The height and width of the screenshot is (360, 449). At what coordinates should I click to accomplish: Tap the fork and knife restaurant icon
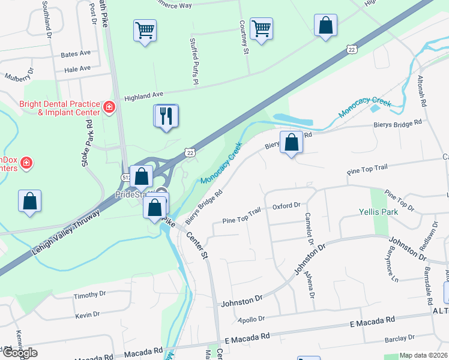coord(166,116)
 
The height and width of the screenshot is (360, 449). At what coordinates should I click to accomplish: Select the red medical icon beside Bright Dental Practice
coord(109,107)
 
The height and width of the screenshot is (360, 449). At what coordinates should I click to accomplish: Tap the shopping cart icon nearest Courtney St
coord(262,29)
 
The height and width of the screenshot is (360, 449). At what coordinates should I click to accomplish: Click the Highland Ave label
coord(143,95)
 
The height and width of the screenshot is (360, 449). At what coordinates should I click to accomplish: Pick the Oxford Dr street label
coord(286,206)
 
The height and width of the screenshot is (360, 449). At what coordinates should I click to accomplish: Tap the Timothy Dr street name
coord(89,295)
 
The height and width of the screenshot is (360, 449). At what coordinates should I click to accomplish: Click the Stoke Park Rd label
coord(88,142)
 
